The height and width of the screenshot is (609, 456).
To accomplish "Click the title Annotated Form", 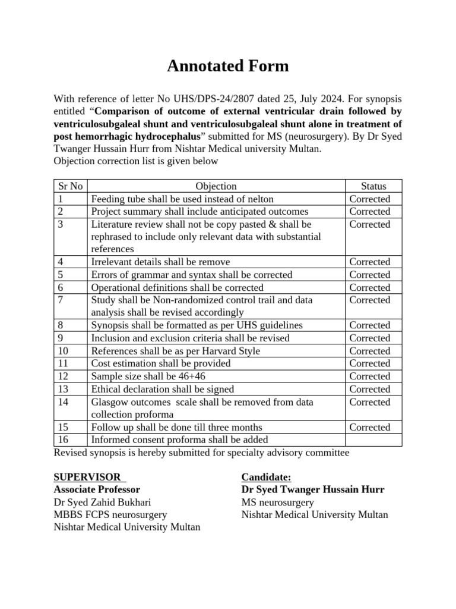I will click(x=228, y=66).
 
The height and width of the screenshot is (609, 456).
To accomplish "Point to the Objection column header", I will click(x=216, y=186).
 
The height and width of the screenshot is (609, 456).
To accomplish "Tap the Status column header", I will click(x=373, y=186).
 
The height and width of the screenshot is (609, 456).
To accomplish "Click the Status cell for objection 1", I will click(x=370, y=199).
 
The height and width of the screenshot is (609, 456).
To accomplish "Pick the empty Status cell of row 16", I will click(x=373, y=440).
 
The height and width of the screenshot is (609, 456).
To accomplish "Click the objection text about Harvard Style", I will click(x=175, y=351).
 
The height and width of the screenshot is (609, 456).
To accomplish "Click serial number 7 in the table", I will click(x=62, y=300).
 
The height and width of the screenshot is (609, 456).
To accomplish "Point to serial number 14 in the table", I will click(x=64, y=402).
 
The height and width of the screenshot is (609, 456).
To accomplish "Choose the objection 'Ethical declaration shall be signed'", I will click(x=162, y=389).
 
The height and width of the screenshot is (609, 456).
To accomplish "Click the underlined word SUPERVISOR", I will click(x=87, y=477).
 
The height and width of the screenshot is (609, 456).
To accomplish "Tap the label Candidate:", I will click(x=267, y=477).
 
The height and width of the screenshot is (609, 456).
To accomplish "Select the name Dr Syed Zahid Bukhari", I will click(x=102, y=502).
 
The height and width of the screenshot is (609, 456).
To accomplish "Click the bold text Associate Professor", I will click(x=97, y=489).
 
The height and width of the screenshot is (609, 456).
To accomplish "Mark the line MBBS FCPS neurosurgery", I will click(x=110, y=514).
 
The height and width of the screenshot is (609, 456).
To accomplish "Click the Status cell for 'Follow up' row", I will click(x=370, y=427).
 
